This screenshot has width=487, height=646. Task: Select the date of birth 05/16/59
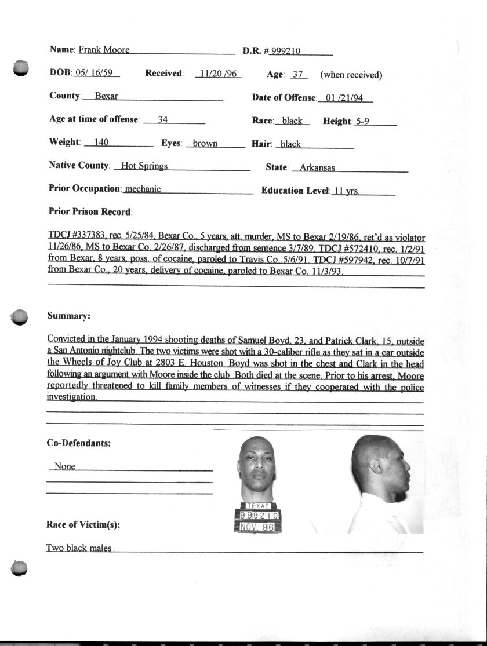pyautogui.click(x=97, y=74)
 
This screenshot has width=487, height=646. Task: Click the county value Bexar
pyautogui.click(x=106, y=97)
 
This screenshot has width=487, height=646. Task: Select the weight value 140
pyautogui.click(x=97, y=143)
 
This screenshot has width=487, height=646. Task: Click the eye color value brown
pyautogui.click(x=205, y=144)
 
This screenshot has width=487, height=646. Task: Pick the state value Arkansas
pyautogui.click(x=317, y=168)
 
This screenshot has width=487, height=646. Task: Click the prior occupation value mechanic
pyautogui.click(x=143, y=189)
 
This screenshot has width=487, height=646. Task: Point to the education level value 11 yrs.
pyautogui.click(x=346, y=191)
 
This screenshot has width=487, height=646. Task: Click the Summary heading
pyautogui.click(x=68, y=316)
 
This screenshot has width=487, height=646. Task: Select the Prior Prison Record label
pyautogui.click(x=90, y=212)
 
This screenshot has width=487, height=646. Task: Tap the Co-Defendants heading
pyautogui.click(x=79, y=444)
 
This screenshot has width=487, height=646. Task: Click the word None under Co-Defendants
pyautogui.click(x=64, y=466)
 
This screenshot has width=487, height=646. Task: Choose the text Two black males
pyautogui.click(x=79, y=548)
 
